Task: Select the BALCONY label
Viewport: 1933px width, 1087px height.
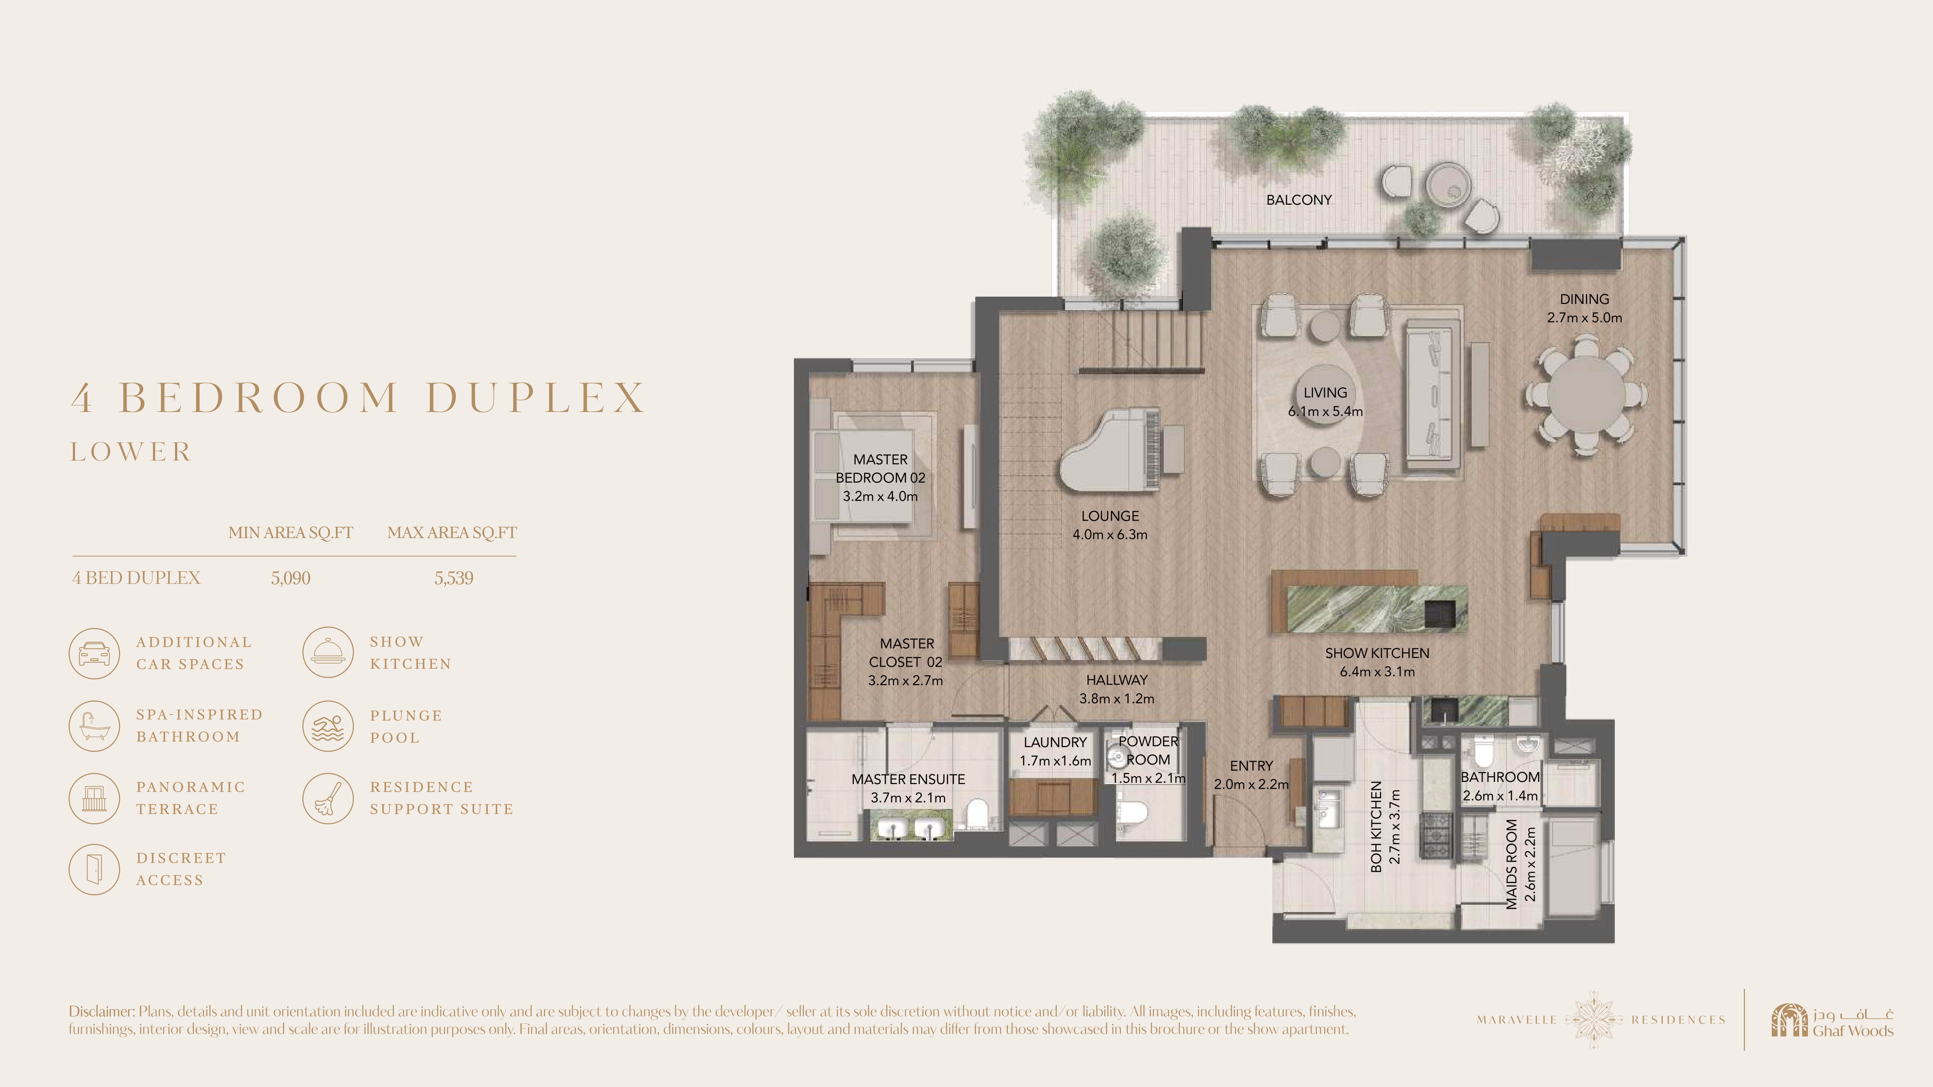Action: pyautogui.click(x=1299, y=200)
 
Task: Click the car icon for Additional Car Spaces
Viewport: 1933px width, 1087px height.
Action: pyautogui.click(x=94, y=653)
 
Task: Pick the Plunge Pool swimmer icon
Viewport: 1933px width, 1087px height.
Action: pyautogui.click(x=328, y=726)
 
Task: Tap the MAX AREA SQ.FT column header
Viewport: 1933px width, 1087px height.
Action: pyautogui.click(x=452, y=533)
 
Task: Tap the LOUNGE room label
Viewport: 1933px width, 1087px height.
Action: pyautogui.click(x=1110, y=516)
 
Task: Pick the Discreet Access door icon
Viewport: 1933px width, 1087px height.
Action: pyautogui.click(x=94, y=870)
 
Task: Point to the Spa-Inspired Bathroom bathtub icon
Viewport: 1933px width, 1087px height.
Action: pyautogui.click(x=94, y=726)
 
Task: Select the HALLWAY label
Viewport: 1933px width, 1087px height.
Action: pyautogui.click(x=1117, y=680)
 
